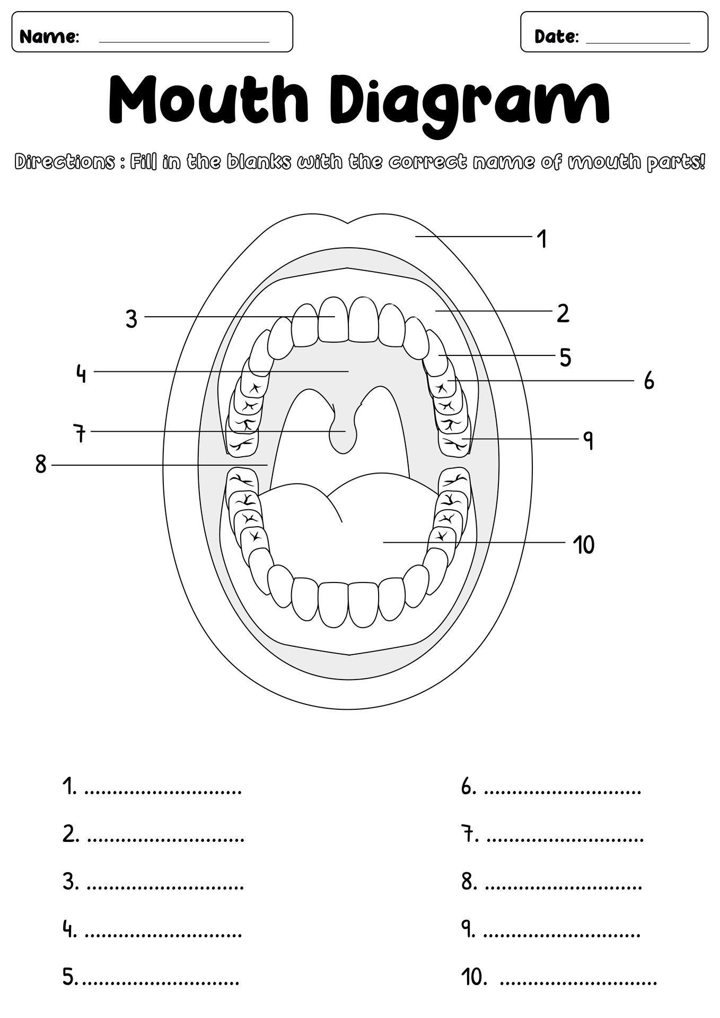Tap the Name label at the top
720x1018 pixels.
coord(49,37)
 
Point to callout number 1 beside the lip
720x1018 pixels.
coord(541,239)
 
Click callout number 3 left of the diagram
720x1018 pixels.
coord(131,319)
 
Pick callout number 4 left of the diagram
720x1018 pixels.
coord(81,373)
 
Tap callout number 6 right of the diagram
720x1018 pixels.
coord(649,381)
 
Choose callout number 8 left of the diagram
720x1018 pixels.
coord(41,465)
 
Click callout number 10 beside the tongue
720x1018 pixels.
coord(584,545)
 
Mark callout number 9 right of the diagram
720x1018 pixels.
coord(587,440)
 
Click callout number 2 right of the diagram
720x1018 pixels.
coord(563,314)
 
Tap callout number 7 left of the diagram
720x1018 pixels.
coord(80,433)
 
